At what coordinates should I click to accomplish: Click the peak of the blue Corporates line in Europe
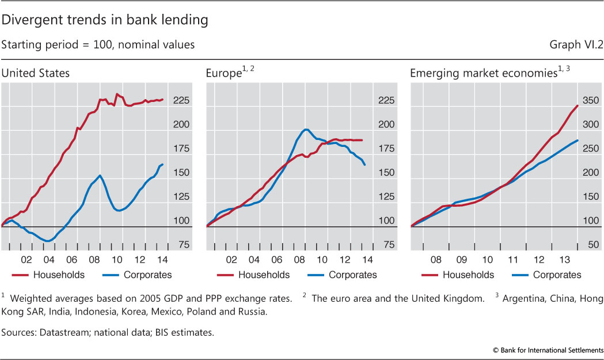pos(306,129)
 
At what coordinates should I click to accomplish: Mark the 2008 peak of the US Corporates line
pos(100,176)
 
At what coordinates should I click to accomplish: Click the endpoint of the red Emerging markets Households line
pos(577,105)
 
